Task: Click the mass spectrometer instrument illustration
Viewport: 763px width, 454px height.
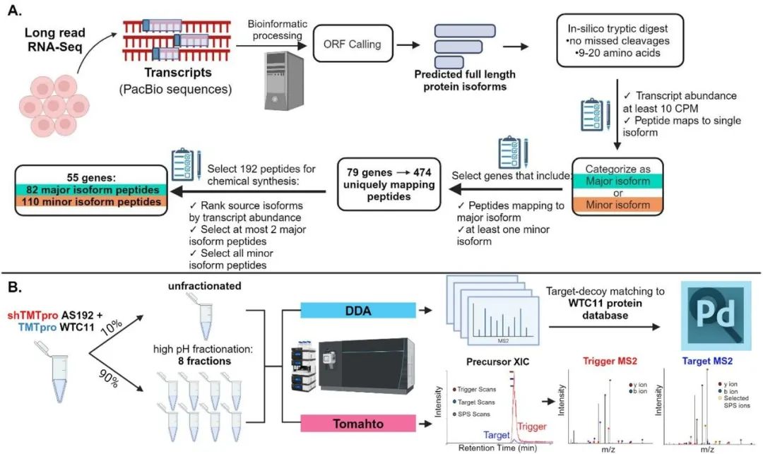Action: pyautogui.click(x=360, y=367)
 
